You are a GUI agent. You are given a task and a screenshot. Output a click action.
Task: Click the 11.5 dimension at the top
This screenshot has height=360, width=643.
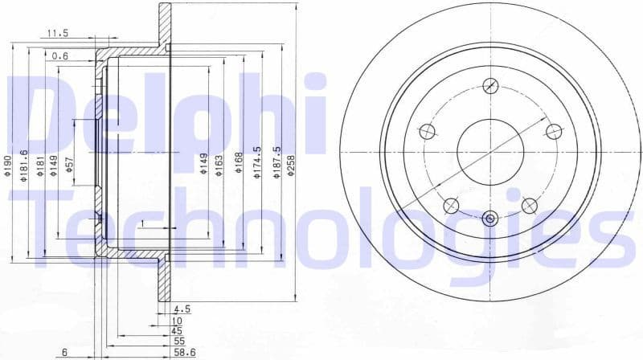(x=57, y=33)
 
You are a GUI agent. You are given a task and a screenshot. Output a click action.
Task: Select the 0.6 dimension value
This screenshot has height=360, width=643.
(x=59, y=56)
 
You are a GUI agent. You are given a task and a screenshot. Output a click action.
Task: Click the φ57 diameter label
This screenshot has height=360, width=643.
(x=70, y=166)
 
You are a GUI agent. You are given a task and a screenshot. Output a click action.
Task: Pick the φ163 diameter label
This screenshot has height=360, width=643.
(x=218, y=166)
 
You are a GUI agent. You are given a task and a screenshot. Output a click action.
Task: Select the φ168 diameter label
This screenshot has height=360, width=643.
(x=238, y=164)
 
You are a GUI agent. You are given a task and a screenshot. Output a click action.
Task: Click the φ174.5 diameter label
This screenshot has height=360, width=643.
(x=258, y=163)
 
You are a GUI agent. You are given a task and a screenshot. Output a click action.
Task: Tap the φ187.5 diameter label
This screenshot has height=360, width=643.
(x=278, y=163)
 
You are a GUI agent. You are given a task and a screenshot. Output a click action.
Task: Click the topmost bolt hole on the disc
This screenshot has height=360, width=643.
(x=490, y=86)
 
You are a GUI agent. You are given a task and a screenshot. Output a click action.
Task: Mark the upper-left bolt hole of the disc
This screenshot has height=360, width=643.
(x=428, y=131)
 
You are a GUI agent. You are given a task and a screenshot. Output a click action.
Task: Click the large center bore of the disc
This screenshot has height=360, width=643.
(x=490, y=151)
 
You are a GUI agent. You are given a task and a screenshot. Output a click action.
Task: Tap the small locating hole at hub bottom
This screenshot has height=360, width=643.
(x=490, y=217)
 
